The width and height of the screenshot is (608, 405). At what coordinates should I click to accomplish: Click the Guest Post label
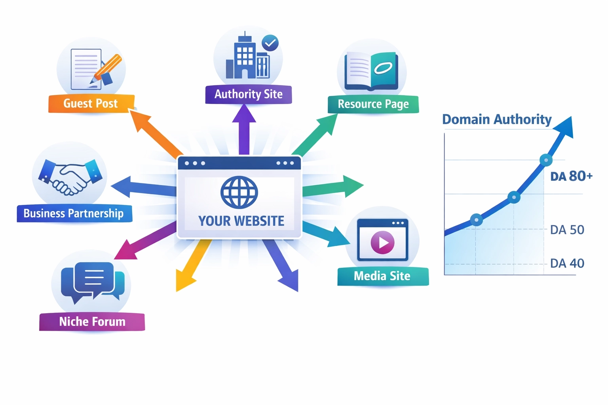coord(91,104)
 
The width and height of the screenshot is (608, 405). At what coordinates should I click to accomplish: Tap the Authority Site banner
coord(248,94)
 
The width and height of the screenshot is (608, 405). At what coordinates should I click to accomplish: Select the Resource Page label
coord(373,104)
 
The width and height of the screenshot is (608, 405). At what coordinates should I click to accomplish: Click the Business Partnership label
coord(74,214)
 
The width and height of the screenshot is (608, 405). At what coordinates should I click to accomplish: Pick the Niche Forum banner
coord(92,322)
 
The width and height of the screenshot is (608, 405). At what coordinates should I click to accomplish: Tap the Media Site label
coord(382,276)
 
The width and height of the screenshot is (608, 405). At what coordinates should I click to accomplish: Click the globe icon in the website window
coord(239,192)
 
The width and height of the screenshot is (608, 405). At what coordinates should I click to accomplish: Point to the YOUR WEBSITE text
coord(241,221)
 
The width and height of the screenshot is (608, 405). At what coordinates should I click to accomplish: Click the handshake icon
coord(70,177)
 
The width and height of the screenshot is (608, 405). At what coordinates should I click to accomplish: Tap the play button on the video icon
coord(382,242)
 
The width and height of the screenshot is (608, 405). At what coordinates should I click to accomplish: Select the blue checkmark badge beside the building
coord(270,43)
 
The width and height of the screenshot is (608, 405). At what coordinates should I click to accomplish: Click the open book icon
coord(371,70)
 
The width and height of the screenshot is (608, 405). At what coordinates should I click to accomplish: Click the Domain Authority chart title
coord(497,119)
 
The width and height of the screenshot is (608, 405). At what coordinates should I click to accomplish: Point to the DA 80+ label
coord(571,176)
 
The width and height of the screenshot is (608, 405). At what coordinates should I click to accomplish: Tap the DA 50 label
coord(567,230)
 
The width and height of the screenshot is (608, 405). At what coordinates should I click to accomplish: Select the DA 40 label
coord(567,263)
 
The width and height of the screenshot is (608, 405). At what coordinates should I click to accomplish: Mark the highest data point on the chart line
coord(546,160)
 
